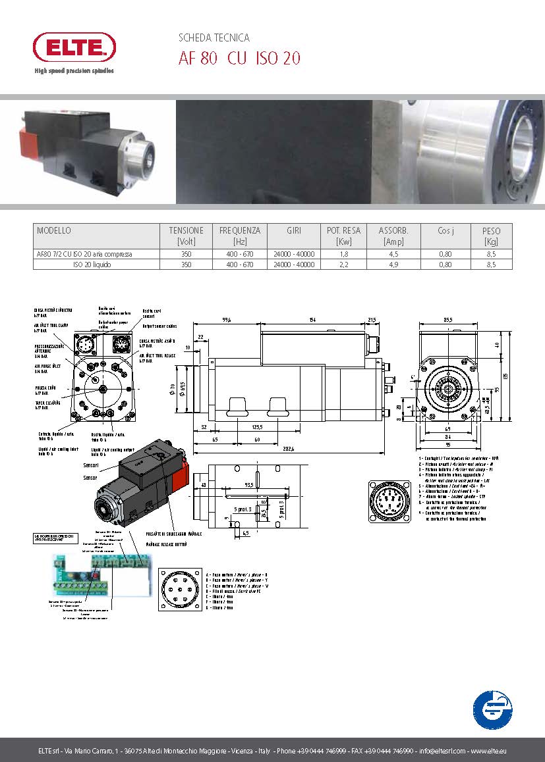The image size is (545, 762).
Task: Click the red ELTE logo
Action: [x=74, y=48]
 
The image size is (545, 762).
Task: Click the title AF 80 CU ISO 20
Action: [x=239, y=59]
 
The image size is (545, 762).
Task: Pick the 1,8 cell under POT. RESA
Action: [x=343, y=254]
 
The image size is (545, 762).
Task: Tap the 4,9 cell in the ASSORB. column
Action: [x=393, y=265]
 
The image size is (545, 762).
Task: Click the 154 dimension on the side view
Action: [x=313, y=320]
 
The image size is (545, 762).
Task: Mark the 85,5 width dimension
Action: [x=447, y=320]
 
